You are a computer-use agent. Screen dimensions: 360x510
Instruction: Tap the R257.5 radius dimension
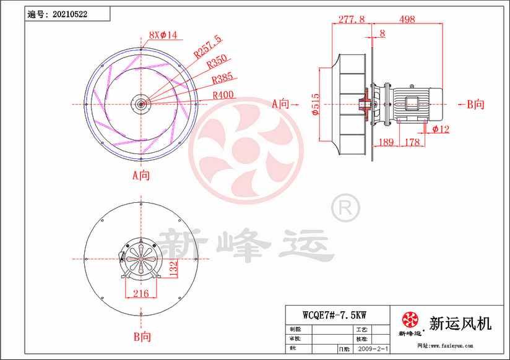click(207, 47)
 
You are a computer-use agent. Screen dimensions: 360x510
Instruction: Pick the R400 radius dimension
click(223, 95)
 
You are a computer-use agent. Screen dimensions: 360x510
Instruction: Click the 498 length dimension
click(407, 20)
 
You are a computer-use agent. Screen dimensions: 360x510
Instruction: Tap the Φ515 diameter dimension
click(316, 105)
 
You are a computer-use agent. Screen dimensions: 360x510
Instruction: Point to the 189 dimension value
click(386, 143)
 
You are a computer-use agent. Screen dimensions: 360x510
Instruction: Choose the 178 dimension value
click(412, 143)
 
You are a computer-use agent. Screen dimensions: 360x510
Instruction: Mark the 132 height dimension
click(174, 268)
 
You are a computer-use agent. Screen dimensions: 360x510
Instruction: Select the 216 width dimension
click(141, 293)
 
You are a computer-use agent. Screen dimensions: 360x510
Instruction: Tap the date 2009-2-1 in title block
click(374, 349)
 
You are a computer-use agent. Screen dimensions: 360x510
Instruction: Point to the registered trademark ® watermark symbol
click(345, 208)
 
